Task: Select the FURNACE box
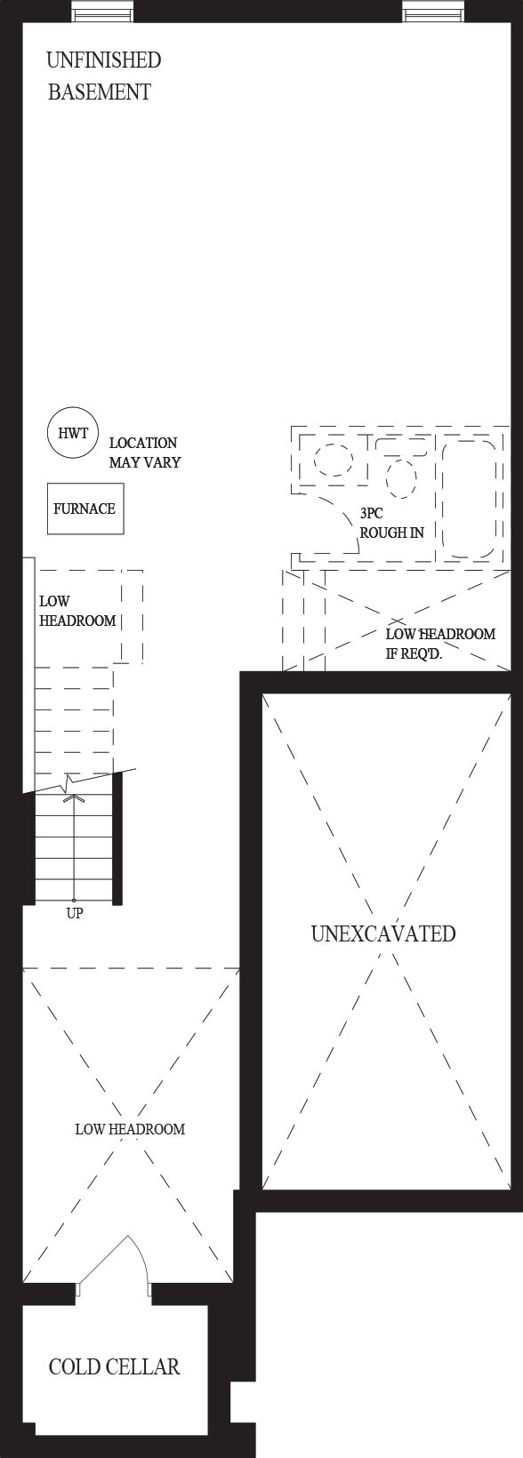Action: pyautogui.click(x=85, y=509)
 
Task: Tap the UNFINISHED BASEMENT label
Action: pyautogui.click(x=103, y=76)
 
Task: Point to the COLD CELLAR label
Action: pyautogui.click(x=114, y=1366)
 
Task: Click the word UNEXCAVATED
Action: pyautogui.click(x=383, y=933)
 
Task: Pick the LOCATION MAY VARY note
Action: pyautogui.click(x=145, y=453)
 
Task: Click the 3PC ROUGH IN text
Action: pyautogui.click(x=391, y=523)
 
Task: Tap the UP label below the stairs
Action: pyautogui.click(x=75, y=913)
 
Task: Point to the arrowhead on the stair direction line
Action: pyautogui.click(x=75, y=798)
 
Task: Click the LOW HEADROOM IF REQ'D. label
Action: pyautogui.click(x=440, y=643)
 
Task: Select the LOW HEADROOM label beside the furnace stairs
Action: pyautogui.click(x=77, y=611)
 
